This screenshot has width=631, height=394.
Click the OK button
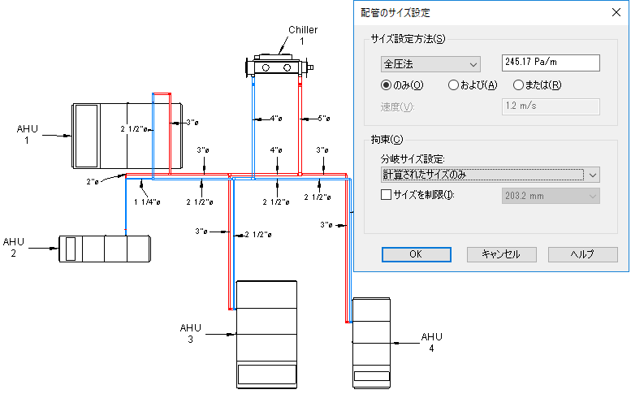pos(416,254)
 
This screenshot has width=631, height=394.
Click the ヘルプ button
pos(582,254)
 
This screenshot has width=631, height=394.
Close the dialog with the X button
pos(616,12)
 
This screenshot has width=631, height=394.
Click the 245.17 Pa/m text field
pos(551,63)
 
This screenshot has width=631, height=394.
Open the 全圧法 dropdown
pos(430,64)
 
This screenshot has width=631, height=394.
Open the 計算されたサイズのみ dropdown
pos(491,175)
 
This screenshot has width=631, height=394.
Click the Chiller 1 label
pos(303,36)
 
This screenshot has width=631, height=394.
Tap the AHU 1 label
pos(27,134)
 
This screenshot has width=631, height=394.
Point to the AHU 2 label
pos(13,248)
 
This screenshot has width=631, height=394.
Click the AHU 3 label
pos(190,334)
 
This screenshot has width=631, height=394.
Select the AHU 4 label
pos(431,343)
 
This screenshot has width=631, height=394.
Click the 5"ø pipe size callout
pos(324,119)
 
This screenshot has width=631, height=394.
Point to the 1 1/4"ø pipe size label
pos(147,202)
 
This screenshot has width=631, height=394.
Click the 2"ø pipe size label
pos(93,182)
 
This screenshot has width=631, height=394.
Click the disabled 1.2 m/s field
pos(551,106)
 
